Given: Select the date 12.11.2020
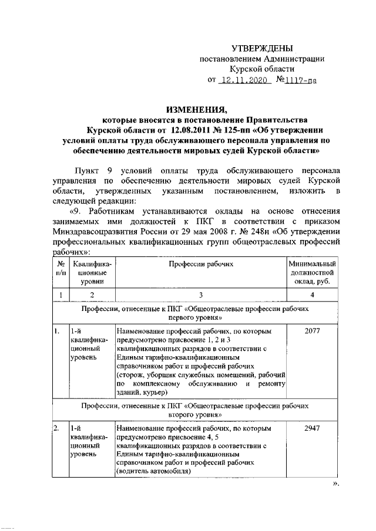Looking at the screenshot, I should coord(243,82).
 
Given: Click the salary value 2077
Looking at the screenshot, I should coord(312,332).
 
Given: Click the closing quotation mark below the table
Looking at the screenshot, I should coord(335,483).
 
